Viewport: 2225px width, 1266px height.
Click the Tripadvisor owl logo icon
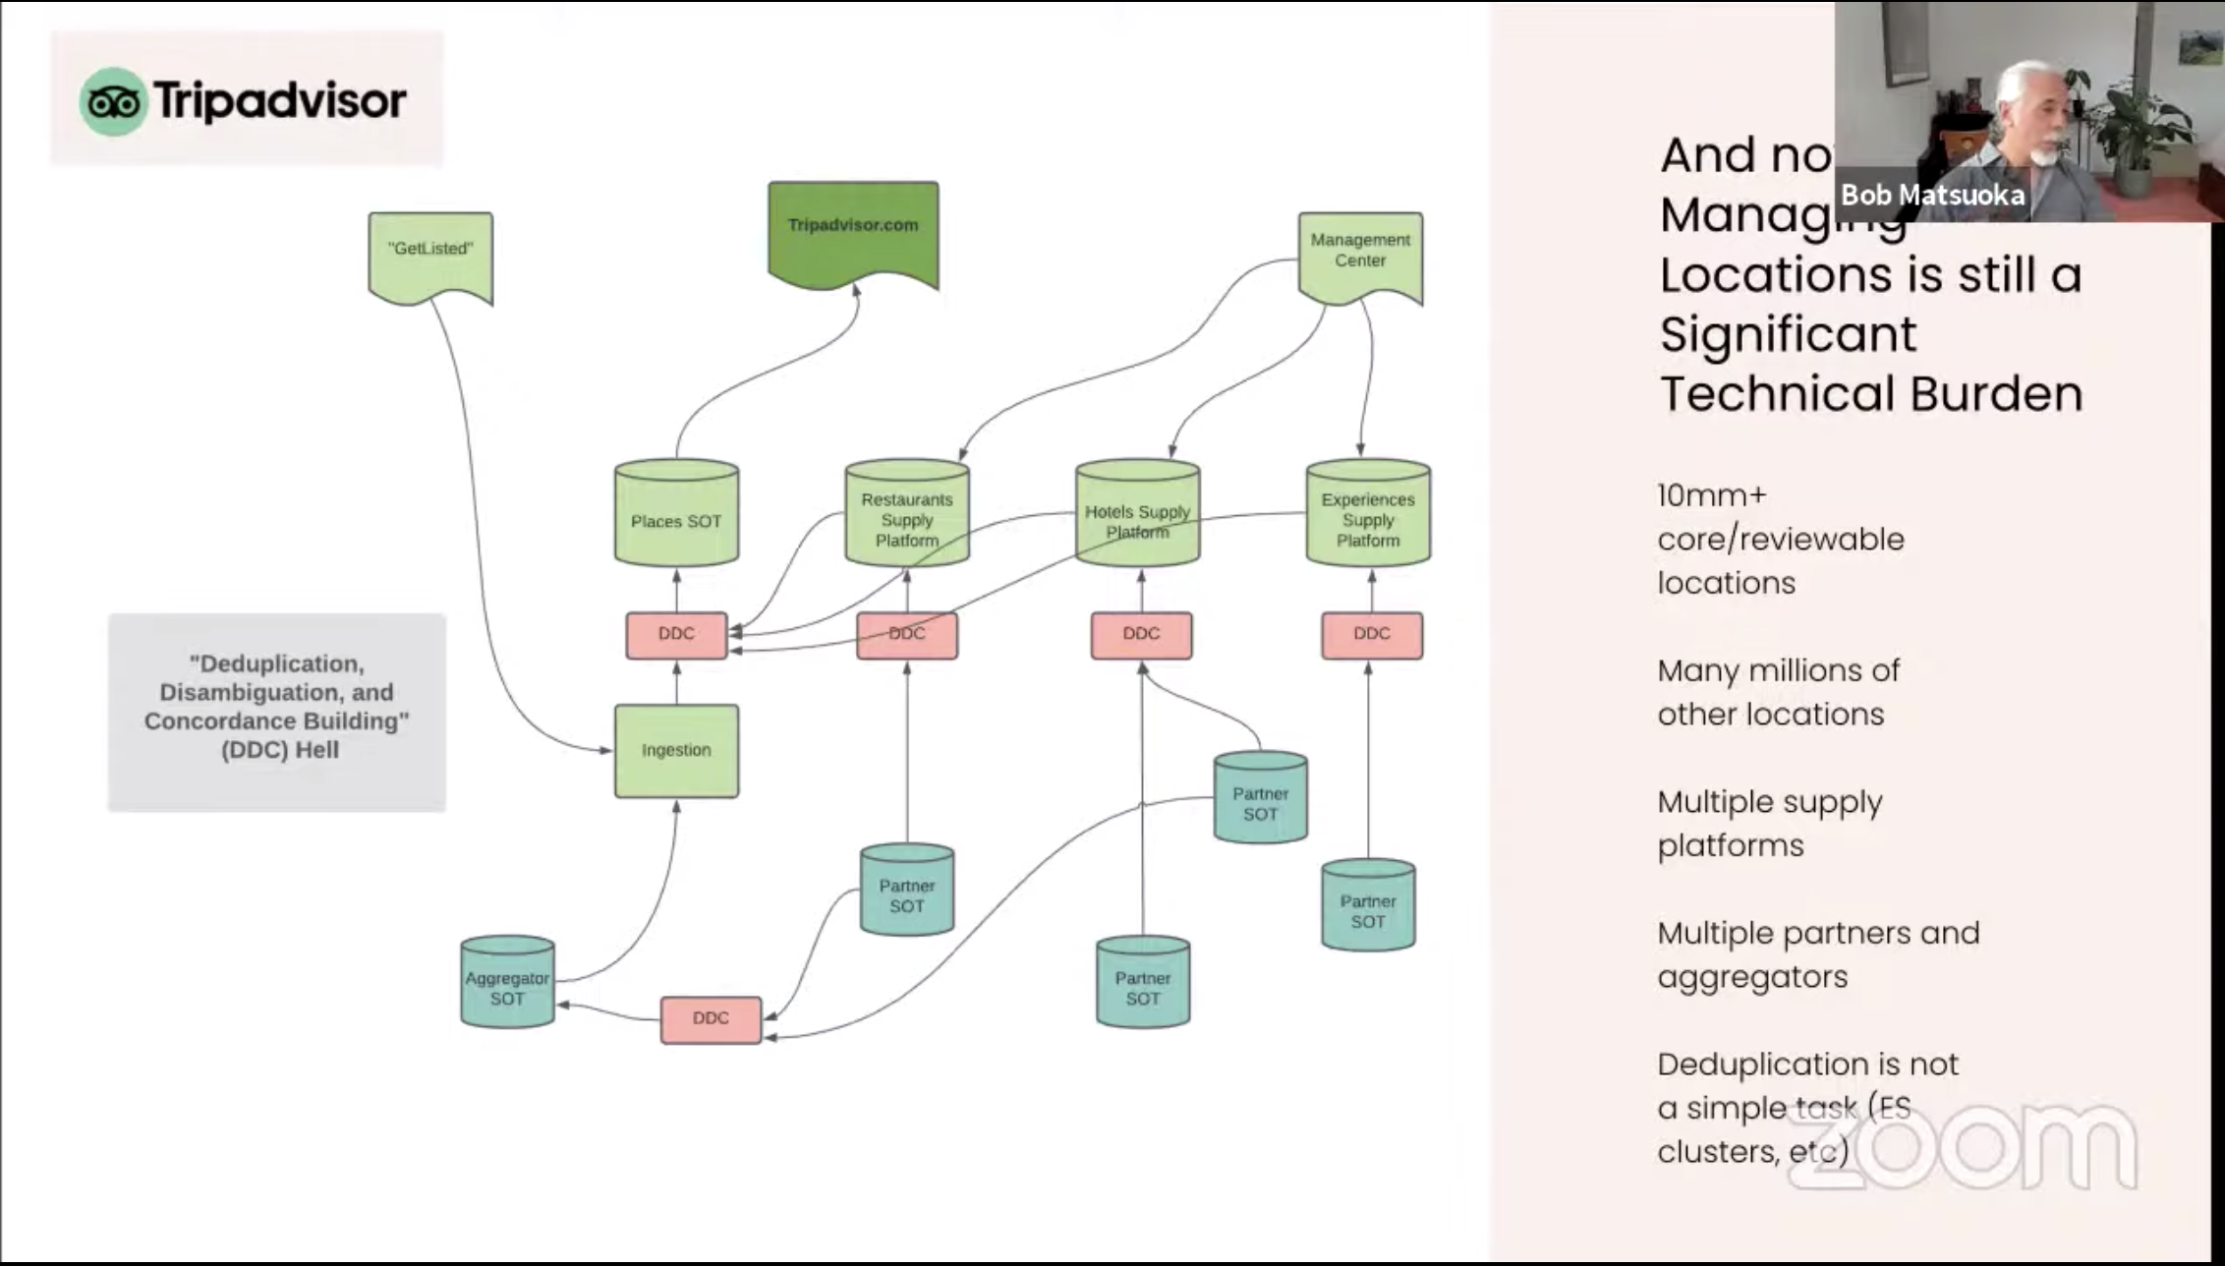tap(113, 101)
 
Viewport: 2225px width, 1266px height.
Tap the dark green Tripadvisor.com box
tap(853, 232)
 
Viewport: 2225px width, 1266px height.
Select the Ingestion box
tap(676, 750)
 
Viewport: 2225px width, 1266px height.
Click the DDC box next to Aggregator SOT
tap(711, 1018)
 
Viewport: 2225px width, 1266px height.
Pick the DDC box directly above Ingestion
tap(676, 634)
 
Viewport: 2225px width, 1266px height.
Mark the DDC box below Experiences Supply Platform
tap(1371, 634)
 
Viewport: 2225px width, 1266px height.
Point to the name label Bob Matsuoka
tap(1932, 195)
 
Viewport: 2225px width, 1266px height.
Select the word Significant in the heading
tap(1788, 334)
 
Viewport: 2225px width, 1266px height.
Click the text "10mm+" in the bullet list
tap(1711, 495)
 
